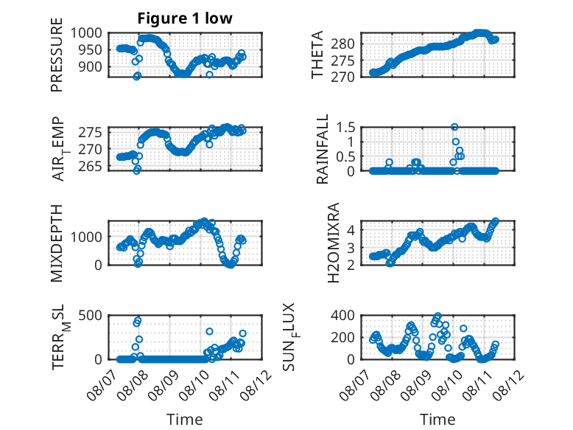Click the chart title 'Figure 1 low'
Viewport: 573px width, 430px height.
(185, 18)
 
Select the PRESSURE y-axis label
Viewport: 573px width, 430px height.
(57, 55)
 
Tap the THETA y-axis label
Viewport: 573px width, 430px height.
(317, 55)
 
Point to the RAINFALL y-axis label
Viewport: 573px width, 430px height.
(323, 149)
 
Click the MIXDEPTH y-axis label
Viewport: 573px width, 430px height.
(57, 243)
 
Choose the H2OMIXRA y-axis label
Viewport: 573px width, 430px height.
(334, 243)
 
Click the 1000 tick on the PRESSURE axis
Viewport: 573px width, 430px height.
(86, 33)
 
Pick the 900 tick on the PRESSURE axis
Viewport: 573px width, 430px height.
(91, 66)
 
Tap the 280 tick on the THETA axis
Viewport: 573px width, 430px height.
(342, 44)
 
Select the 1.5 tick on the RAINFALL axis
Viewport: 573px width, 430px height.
(345, 128)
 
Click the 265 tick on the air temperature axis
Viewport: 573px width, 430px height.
(91, 167)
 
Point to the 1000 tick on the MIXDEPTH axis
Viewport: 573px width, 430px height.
(86, 237)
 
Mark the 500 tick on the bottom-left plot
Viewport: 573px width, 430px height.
(91, 315)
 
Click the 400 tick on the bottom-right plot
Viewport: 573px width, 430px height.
(342, 315)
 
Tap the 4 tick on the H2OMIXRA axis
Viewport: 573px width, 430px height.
(351, 230)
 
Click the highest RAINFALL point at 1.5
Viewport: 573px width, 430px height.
(454, 128)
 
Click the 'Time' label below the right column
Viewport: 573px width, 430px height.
(437, 419)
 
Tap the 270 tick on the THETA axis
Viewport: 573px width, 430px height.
(342, 77)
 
